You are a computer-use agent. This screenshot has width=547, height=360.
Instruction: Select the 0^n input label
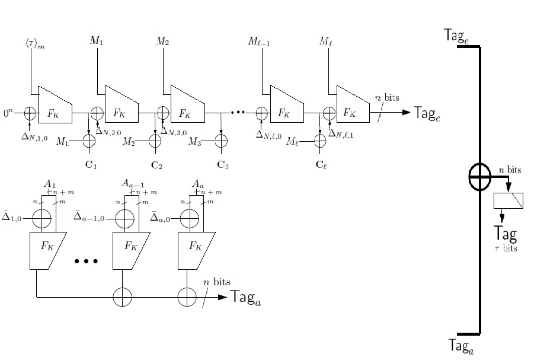[8, 111]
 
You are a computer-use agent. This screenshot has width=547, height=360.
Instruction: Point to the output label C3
[222, 164]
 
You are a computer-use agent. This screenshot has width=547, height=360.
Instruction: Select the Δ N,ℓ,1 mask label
[342, 133]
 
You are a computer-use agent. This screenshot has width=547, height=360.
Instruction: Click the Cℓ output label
[321, 164]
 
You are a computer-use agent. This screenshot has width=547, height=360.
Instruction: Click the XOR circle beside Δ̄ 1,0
[42, 218]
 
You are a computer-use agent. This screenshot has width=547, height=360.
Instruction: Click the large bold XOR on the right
[479, 176]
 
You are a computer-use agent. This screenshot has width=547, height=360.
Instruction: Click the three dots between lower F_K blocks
[86, 260]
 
